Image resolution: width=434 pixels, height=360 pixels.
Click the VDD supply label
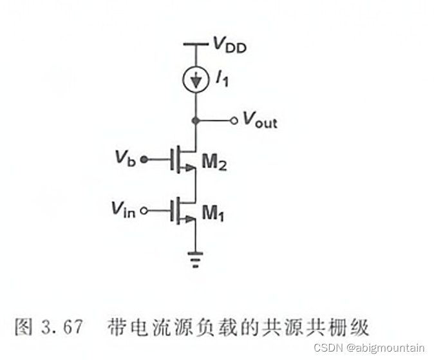point(229,46)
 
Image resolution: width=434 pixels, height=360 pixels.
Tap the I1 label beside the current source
point(221,81)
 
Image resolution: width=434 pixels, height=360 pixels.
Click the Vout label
point(259,120)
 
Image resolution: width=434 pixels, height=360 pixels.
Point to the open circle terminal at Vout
point(234,120)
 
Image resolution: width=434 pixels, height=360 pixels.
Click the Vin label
point(122,209)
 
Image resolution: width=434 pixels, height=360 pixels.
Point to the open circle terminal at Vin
point(144,210)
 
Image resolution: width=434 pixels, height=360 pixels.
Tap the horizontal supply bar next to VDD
point(195,44)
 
